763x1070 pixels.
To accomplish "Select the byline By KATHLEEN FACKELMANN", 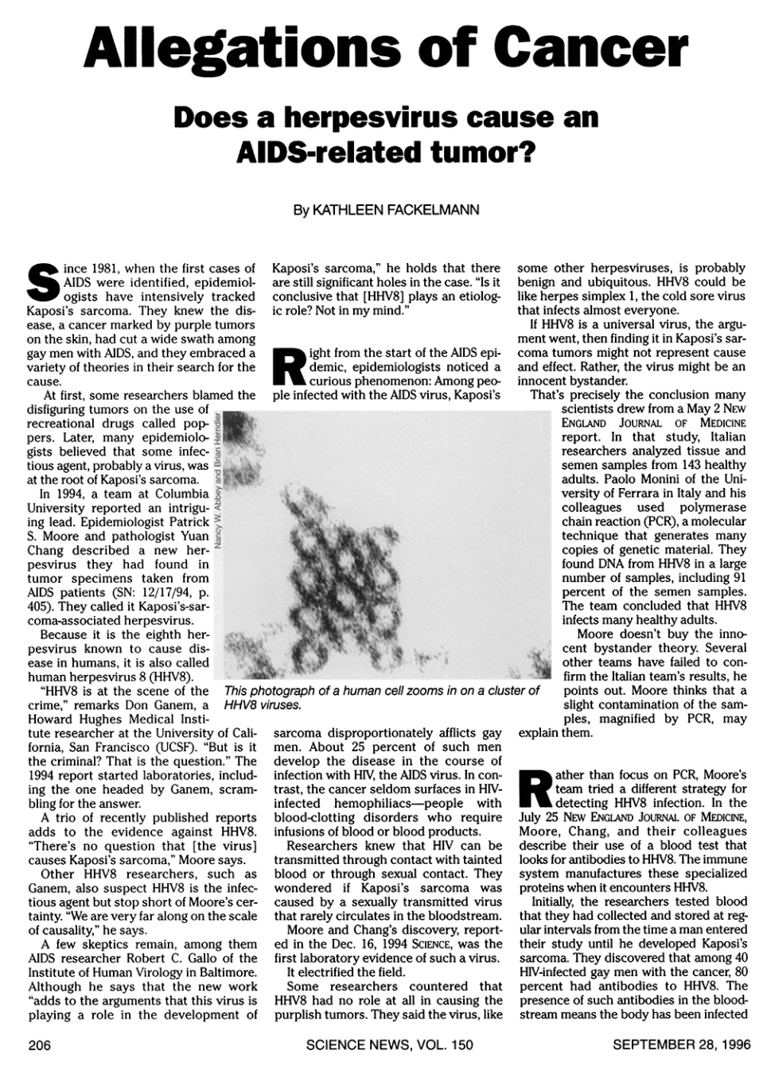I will [386, 210].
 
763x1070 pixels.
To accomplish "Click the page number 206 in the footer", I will [39, 1045].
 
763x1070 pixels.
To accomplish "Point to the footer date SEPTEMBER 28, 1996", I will [680, 1045].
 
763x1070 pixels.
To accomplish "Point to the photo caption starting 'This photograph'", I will [382, 697].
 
